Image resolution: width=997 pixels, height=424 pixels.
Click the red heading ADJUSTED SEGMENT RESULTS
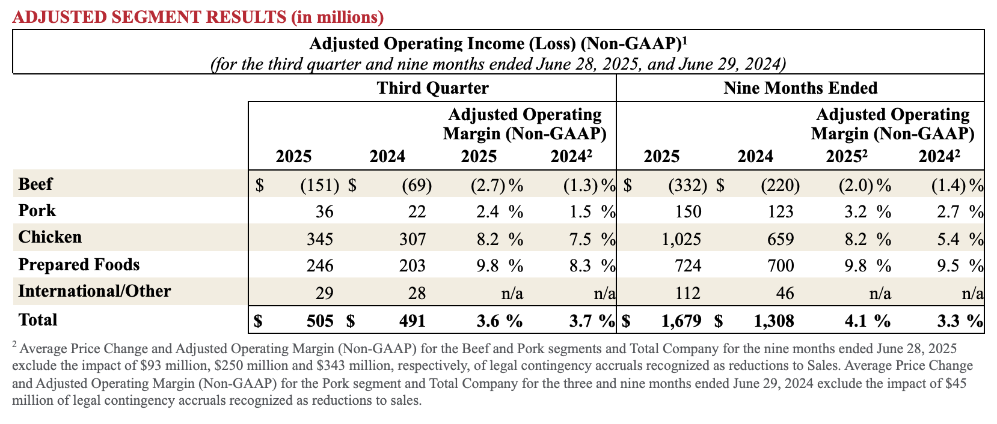pyautogui.click(x=197, y=17)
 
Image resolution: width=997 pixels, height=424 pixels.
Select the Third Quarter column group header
pyautogui.click(x=432, y=88)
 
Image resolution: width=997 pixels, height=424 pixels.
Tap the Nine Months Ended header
pyautogui.click(x=800, y=88)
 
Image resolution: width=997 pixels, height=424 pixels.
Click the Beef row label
pyautogui.click(x=35, y=184)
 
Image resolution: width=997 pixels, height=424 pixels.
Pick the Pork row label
pyautogui.click(x=37, y=210)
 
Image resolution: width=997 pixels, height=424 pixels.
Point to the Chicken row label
pyautogui.click(x=50, y=237)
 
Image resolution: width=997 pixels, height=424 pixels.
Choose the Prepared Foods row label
pyautogui.click(x=79, y=264)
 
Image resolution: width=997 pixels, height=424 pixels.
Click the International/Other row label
pyautogui.click(x=94, y=291)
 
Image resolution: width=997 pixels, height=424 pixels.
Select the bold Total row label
pyautogui.click(x=38, y=320)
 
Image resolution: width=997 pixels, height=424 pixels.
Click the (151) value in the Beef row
pyautogui.click(x=319, y=185)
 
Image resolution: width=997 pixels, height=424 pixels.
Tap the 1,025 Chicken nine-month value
pyautogui.click(x=681, y=239)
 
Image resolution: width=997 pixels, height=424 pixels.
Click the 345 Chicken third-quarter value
pyautogui.click(x=320, y=239)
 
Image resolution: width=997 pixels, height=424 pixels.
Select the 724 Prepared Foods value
pyautogui.click(x=688, y=265)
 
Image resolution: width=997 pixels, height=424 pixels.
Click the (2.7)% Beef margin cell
pyautogui.click(x=496, y=185)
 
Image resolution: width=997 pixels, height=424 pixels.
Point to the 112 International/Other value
pyautogui.click(x=688, y=293)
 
